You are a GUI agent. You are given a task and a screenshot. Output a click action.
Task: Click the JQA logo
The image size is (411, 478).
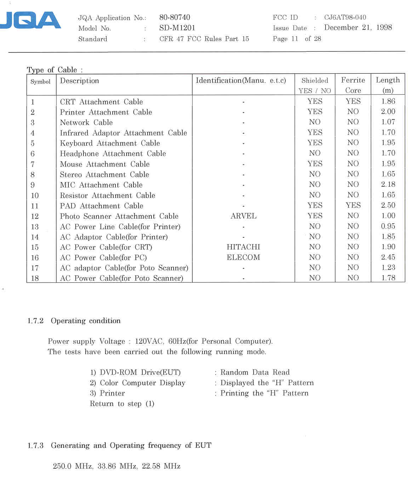click(31, 20)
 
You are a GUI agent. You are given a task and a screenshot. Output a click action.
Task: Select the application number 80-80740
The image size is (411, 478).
click(175, 17)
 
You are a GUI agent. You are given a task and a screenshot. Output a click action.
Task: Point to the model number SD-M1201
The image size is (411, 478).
click(177, 28)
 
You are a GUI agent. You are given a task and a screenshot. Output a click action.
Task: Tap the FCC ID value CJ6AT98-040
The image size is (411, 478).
click(345, 17)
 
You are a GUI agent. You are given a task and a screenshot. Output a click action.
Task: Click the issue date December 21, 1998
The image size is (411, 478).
click(358, 28)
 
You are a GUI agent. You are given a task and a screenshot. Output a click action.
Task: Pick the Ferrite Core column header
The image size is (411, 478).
click(353, 85)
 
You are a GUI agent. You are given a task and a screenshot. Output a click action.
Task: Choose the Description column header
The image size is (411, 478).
click(80, 81)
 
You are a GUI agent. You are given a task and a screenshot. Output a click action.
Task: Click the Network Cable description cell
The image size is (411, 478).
click(86, 123)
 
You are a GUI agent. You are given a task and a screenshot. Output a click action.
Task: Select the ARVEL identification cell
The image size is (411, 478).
click(244, 216)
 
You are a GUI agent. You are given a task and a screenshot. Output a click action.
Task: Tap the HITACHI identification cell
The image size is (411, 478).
click(244, 247)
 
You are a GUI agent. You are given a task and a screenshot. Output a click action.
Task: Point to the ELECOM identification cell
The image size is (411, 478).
click(244, 257)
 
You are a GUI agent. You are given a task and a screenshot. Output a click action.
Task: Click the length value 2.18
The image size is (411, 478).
click(388, 184)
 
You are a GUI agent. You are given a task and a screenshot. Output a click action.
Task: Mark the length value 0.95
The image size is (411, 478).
click(388, 226)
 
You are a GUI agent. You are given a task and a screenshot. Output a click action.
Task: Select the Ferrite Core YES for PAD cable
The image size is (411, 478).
click(353, 205)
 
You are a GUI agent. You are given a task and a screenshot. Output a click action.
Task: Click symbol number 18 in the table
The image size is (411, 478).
click(35, 278)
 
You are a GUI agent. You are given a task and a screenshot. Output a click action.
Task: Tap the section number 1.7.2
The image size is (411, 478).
click(35, 321)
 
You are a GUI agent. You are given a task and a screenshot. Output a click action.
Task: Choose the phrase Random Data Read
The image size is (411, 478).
click(255, 372)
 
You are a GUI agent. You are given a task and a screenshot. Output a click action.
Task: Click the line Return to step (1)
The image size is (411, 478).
click(122, 404)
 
